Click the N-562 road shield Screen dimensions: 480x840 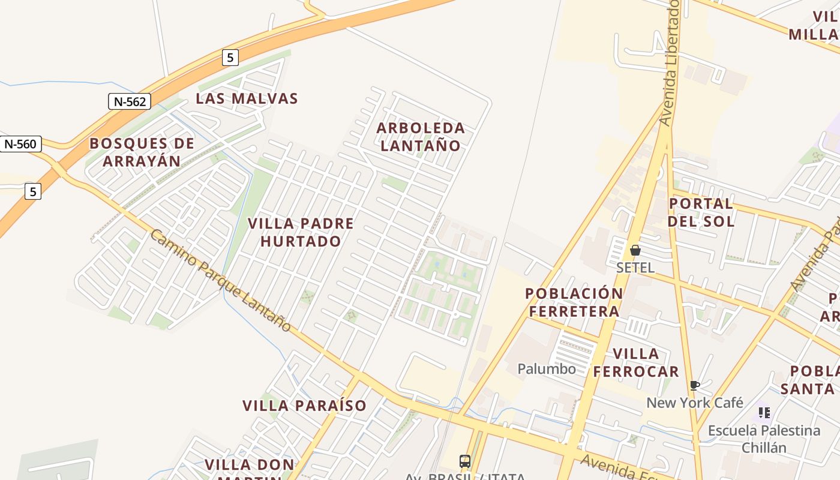(129, 101)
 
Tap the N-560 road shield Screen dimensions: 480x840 (20, 144)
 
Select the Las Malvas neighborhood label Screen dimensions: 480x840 (247, 98)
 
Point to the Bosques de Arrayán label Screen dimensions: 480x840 (142, 152)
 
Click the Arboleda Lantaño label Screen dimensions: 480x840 (421, 136)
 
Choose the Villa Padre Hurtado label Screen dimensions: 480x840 (301, 232)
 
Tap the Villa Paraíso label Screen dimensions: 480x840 (304, 406)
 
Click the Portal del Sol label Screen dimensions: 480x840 (701, 212)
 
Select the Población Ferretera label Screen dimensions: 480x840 (574, 302)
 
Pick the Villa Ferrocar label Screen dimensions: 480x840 (636, 362)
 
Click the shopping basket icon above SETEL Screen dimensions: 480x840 (635, 250)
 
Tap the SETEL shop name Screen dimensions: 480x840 (635, 268)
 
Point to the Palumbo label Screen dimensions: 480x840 (547, 368)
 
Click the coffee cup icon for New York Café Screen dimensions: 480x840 (694, 385)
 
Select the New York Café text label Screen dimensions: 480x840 (694, 403)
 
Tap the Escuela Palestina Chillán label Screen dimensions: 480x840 (764, 439)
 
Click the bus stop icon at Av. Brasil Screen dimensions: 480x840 (465, 461)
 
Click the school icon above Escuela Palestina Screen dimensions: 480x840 (764, 413)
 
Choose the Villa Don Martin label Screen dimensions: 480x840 (250, 466)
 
